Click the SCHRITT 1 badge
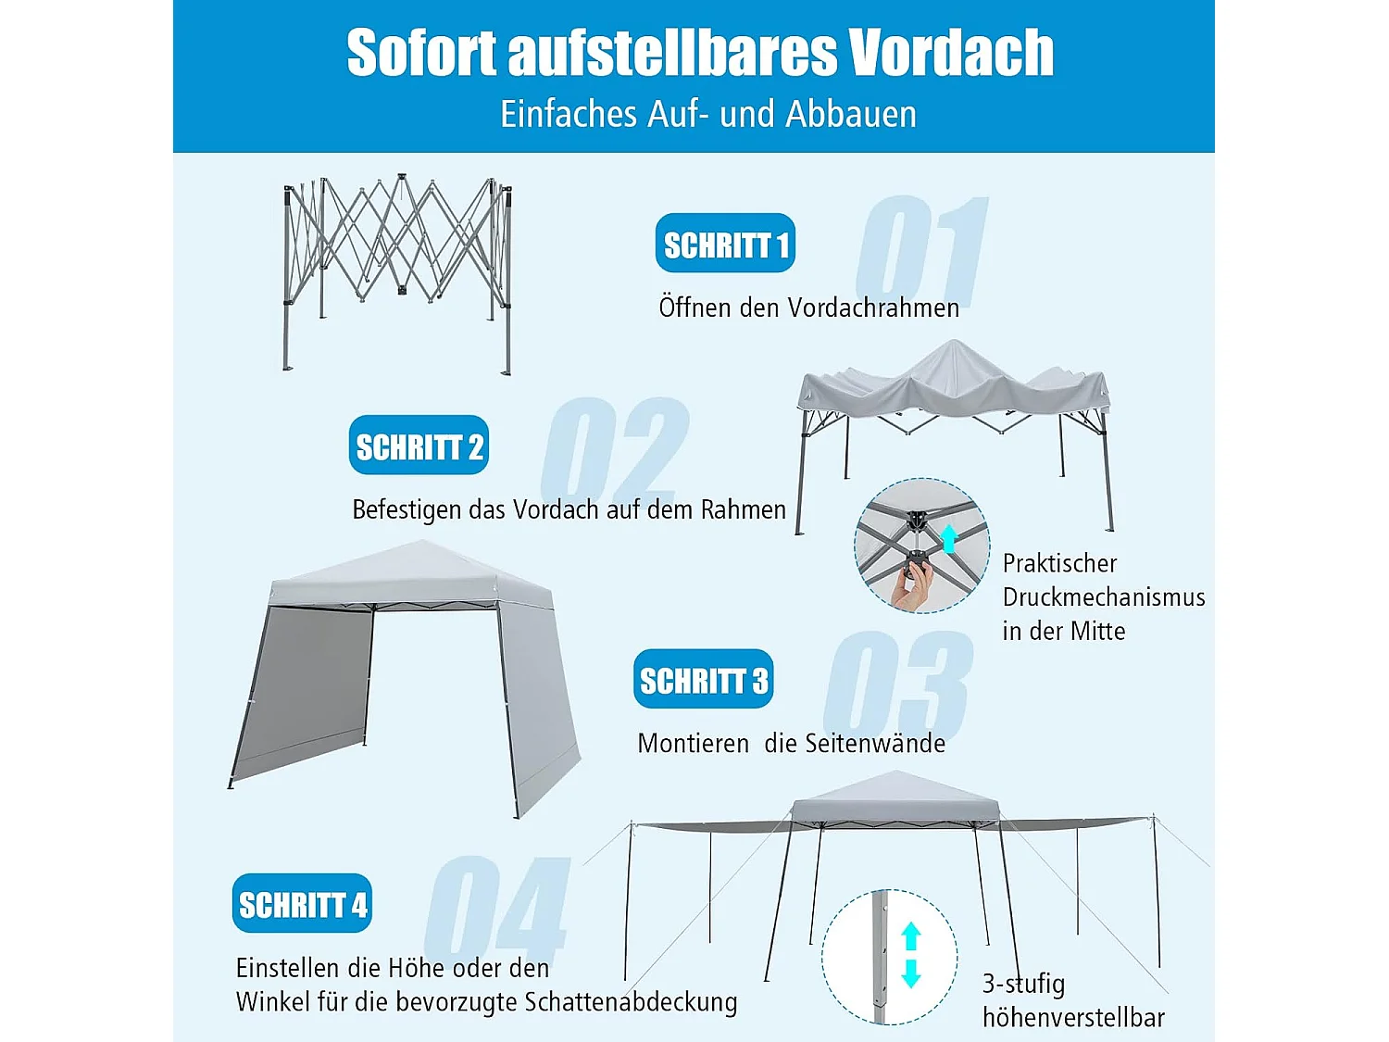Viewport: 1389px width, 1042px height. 725,244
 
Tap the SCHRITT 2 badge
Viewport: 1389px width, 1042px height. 419,446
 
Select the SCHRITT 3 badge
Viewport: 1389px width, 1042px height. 703,679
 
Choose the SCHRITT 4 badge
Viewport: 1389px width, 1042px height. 302,903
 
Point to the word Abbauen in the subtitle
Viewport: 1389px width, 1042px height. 850,114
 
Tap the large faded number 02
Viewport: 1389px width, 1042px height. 616,449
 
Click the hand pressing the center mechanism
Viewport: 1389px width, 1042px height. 911,588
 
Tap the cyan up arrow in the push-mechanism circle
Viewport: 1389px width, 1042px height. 948,538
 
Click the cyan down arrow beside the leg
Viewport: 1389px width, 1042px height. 911,973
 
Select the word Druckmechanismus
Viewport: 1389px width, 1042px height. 1104,597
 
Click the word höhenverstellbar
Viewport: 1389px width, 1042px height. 1073,1017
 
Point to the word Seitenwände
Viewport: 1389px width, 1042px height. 875,744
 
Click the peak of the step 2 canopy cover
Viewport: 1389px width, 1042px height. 954,346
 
